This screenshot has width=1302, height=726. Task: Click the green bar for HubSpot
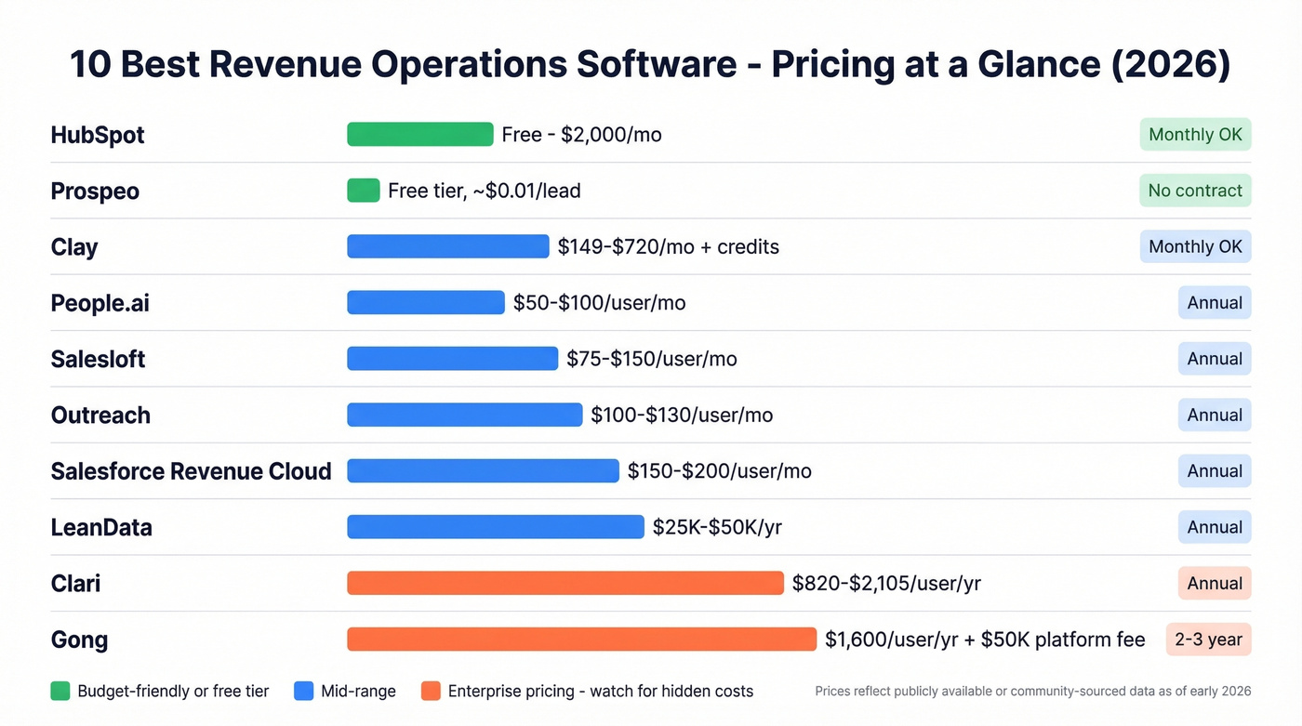click(x=419, y=134)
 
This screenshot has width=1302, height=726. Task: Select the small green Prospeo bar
click(x=363, y=191)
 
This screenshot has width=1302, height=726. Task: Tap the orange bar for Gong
click(x=581, y=640)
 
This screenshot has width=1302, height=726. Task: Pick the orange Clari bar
click(x=565, y=583)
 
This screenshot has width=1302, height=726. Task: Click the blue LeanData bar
click(x=495, y=527)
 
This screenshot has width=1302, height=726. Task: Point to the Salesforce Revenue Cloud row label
click(x=191, y=471)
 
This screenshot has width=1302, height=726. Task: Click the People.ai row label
click(x=100, y=303)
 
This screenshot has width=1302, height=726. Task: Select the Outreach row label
click(x=100, y=416)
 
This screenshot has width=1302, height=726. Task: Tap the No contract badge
click(x=1195, y=191)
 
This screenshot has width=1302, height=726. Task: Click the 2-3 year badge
click(x=1208, y=640)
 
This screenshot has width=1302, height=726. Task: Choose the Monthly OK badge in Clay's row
click(x=1195, y=246)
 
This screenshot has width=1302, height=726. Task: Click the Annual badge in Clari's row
click(x=1215, y=583)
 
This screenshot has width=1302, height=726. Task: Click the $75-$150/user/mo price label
click(x=651, y=359)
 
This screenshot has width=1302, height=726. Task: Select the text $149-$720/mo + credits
click(x=668, y=246)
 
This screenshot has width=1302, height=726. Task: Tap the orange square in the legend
click(x=430, y=691)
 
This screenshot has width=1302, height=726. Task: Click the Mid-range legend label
click(x=358, y=691)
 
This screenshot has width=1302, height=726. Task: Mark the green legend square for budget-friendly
click(x=60, y=691)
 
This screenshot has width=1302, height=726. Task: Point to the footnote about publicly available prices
click(x=1032, y=691)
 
